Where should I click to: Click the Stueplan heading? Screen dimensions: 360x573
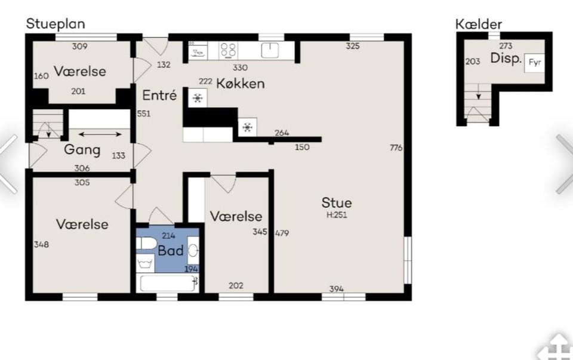pyautogui.click(x=56, y=24)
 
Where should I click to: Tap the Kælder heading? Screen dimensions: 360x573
pyautogui.click(x=478, y=24)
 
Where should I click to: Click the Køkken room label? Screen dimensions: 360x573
pyautogui.click(x=240, y=84)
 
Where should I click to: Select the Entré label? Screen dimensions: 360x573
pyautogui.click(x=159, y=95)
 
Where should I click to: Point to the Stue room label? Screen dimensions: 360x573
pyautogui.click(x=337, y=203)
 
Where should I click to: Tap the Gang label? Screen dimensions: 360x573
pyautogui.click(x=82, y=149)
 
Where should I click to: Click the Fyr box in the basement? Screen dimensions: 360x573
pyautogui.click(x=534, y=61)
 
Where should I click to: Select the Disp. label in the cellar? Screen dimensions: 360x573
pyautogui.click(x=506, y=59)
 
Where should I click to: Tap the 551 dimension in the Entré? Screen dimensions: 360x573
pyautogui.click(x=144, y=114)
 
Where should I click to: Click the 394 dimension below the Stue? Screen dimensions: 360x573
pyautogui.click(x=337, y=290)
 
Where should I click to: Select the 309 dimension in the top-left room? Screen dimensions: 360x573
pyautogui.click(x=79, y=46)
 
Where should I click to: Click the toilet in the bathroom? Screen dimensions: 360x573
pyautogui.click(x=145, y=244)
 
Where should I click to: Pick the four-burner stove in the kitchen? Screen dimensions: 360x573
pyautogui.click(x=228, y=50)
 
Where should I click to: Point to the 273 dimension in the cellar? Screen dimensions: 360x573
pyautogui.click(x=506, y=46)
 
